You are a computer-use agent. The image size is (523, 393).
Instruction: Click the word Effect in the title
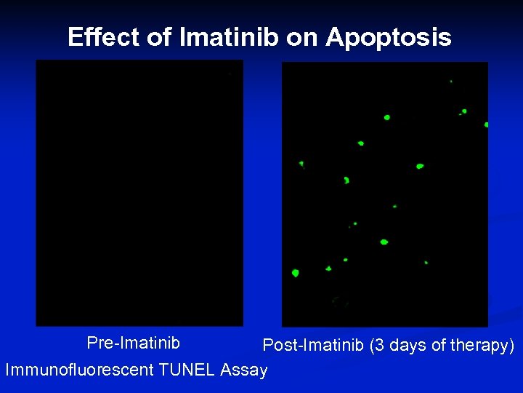coord(104,37)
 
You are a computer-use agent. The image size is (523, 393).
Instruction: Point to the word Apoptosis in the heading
coord(388,37)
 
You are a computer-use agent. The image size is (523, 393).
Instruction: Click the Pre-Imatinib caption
coord(133,342)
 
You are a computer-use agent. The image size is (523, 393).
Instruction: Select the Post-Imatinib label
coord(313,345)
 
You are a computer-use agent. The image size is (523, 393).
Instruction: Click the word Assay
coord(243,370)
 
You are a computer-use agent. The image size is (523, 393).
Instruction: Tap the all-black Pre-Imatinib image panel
coord(139,193)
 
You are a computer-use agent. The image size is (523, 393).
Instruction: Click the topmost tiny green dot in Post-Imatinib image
coord(450,81)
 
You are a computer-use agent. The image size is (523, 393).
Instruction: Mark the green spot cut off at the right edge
coord(486,124)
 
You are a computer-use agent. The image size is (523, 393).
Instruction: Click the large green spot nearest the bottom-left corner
coord(295,273)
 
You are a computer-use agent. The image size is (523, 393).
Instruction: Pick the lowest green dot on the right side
coord(426,262)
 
